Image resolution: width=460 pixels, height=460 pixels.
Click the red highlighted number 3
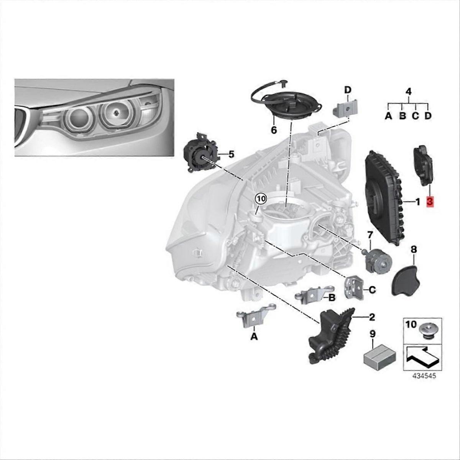click(x=429, y=202)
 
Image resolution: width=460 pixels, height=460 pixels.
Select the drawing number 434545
click(x=424, y=376)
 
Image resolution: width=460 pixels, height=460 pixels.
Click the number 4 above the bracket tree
click(x=408, y=92)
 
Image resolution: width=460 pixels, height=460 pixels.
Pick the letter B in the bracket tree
click(x=402, y=116)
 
